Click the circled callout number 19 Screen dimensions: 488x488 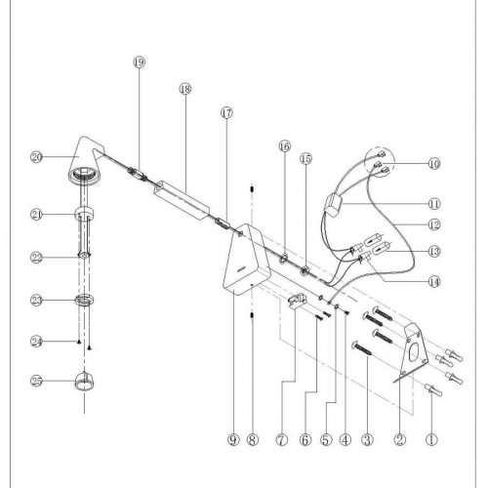140,61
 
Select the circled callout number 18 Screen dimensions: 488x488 185,89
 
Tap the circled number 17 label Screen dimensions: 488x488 227,113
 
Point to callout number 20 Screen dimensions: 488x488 37,157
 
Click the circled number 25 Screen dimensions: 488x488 37,381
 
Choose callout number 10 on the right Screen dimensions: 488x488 434,163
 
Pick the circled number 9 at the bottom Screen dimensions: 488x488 233,440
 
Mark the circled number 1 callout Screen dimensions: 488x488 431,440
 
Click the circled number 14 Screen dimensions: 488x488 434,282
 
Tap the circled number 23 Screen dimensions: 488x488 37,300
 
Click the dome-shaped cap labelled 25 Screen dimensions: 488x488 85,382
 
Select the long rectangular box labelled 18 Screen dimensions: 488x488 182,200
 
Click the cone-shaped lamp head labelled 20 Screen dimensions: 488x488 85,159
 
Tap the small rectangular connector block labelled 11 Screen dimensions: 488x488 335,205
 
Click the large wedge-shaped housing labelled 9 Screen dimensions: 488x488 247,261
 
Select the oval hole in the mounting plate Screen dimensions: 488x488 414,353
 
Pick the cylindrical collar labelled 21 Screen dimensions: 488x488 85,214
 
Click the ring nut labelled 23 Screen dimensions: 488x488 85,300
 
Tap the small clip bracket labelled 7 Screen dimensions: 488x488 298,300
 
